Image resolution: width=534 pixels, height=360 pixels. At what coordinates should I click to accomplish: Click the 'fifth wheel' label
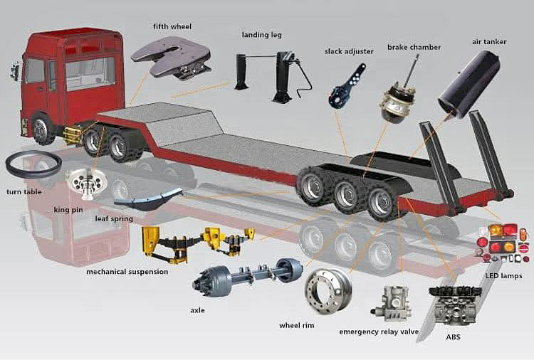point(172,26)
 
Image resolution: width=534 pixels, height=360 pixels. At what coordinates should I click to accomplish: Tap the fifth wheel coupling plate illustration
point(172,58)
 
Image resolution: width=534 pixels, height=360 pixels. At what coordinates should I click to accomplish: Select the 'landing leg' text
point(261,35)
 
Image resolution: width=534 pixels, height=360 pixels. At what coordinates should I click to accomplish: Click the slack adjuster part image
point(347,86)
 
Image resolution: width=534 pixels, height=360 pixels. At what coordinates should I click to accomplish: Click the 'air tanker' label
point(489,41)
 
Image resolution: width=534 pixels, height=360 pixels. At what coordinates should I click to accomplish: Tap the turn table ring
point(33,164)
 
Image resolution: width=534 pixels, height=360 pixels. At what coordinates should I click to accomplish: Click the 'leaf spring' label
point(114,218)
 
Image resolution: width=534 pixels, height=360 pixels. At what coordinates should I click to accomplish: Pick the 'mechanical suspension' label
point(127,272)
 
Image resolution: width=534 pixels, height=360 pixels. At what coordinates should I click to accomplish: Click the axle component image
point(248,275)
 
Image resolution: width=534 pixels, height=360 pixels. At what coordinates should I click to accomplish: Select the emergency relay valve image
point(391,304)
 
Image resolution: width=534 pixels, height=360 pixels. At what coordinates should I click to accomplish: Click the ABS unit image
point(456,304)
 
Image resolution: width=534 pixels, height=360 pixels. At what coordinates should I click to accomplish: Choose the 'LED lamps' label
point(503,275)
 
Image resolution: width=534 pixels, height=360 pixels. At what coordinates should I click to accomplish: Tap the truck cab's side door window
point(34,70)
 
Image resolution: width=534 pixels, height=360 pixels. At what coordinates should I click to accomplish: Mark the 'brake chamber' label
point(414,47)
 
